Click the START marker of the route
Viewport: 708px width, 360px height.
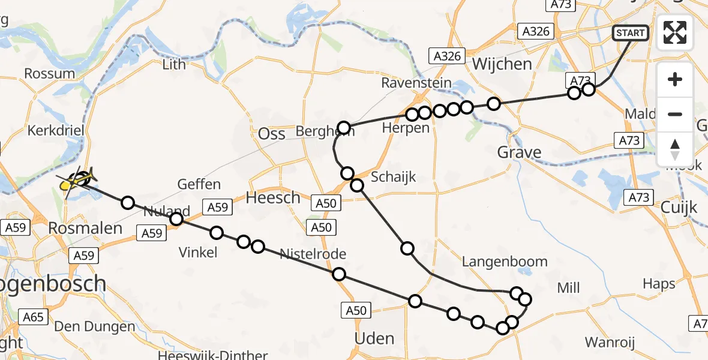tap(630, 32)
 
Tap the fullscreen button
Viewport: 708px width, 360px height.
tap(675, 32)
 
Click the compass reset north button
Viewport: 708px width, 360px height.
tap(675, 149)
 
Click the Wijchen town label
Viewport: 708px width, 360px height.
tap(502, 64)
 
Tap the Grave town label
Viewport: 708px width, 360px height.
tap(519, 152)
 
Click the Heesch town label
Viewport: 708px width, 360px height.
tap(274, 197)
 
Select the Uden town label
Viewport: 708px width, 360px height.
tap(374, 338)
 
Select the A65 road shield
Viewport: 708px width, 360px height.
tap(33, 316)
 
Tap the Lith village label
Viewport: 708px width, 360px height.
tap(174, 64)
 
